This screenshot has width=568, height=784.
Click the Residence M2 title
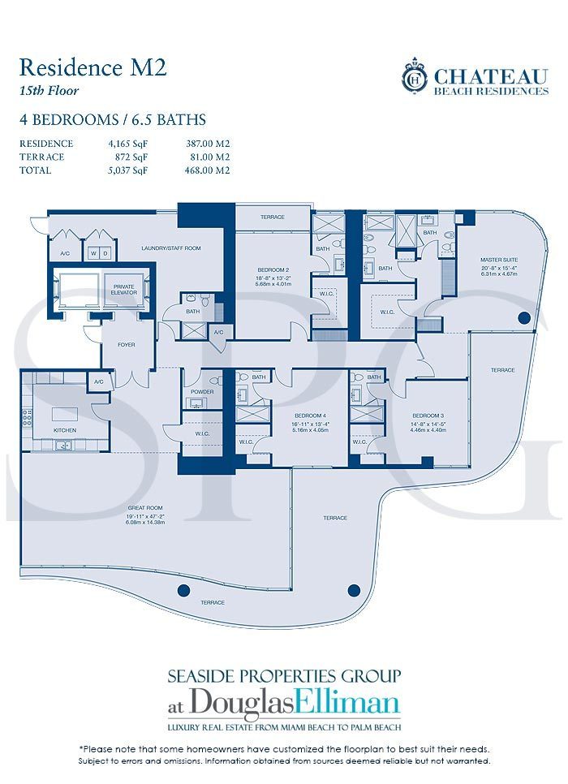(93, 67)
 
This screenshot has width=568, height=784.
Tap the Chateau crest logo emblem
(415, 78)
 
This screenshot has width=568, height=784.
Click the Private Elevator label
(123, 289)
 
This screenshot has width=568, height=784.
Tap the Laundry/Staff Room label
(170, 248)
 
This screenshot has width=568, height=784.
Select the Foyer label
(126, 345)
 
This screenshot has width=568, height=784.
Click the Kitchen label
(65, 429)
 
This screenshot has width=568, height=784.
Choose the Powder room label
(202, 392)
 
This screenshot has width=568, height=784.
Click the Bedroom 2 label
(270, 269)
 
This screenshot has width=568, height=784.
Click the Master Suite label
(498, 260)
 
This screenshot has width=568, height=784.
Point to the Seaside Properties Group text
(283, 676)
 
